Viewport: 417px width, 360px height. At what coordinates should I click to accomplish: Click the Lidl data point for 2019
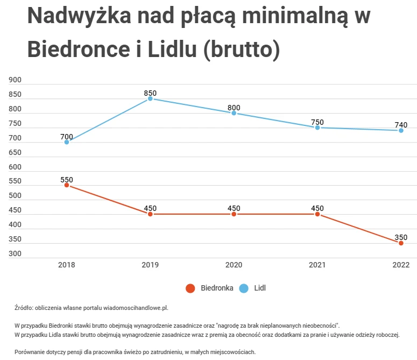coord(150,99)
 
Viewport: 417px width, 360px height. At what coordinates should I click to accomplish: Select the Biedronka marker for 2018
coord(67,185)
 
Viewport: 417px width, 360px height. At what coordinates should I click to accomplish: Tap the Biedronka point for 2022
coord(401,243)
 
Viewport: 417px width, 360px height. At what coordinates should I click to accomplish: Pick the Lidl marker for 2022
coord(401,130)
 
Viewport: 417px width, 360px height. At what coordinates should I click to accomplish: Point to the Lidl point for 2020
coord(234,113)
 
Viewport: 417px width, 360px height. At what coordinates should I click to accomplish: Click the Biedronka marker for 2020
coord(234,214)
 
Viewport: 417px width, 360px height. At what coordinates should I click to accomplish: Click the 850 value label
coord(150,93)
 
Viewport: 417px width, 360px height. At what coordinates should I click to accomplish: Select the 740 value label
coord(401,124)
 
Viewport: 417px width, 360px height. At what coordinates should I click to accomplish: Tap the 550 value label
coord(67,179)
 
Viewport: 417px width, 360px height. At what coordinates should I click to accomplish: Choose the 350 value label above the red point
coord(401,237)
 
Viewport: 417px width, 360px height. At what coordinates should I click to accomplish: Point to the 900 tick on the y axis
coord(15,80)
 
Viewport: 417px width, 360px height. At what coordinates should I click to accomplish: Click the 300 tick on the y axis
coord(15,253)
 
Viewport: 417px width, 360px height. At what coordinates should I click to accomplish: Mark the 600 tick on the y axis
coord(15,167)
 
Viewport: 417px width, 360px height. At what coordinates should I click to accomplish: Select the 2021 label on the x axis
coord(317,265)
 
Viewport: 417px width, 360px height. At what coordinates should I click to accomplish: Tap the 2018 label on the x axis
coord(67,265)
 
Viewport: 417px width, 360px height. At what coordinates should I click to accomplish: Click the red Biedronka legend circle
coord(190,288)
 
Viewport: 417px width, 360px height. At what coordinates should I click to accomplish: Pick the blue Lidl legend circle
coord(244,288)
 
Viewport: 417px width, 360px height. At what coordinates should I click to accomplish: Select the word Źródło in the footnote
coord(24,308)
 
